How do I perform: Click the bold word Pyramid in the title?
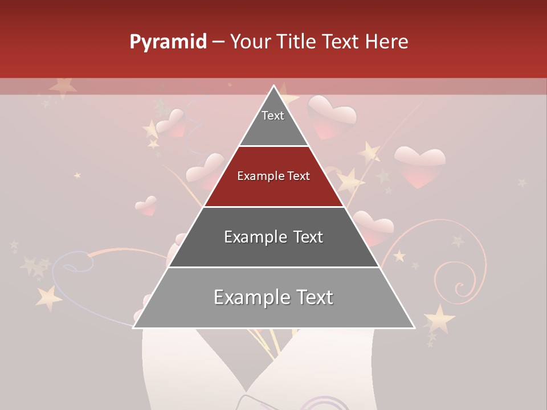pos(168,42)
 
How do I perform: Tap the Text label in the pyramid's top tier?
pos(273,116)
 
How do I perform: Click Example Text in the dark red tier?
pos(273,176)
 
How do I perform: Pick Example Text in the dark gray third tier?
pos(273,237)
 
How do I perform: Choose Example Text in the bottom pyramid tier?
pos(273,297)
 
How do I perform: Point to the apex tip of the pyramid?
pos(274,86)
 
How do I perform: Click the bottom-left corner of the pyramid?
pos(134,327)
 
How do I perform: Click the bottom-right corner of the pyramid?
pos(414,327)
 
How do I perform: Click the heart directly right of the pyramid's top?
pos(332,116)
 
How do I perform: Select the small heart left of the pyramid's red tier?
pos(147,206)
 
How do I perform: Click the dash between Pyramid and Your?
pos(218,42)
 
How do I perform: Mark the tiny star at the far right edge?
pos(522,183)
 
